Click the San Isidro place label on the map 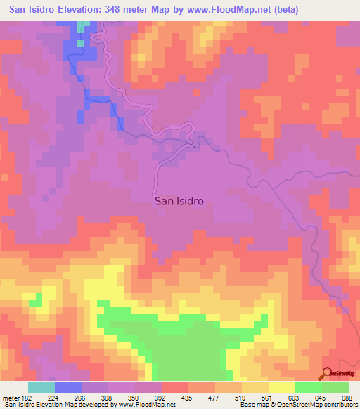179,200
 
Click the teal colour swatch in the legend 41,387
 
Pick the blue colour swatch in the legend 68,387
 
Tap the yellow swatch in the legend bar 282,387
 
